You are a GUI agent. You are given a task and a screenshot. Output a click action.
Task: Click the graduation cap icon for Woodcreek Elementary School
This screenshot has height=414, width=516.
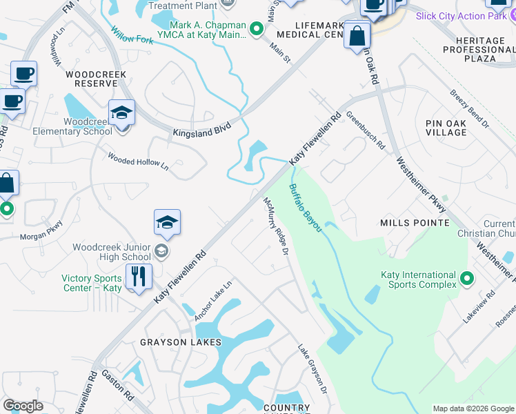click(x=121, y=113)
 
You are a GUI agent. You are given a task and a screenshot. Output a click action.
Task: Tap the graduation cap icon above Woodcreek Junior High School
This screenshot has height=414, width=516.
click(x=167, y=223)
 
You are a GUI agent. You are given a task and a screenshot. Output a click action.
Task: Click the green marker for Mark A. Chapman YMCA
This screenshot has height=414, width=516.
click(x=257, y=29)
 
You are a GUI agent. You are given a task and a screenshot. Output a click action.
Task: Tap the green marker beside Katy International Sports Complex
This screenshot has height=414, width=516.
click(x=467, y=279)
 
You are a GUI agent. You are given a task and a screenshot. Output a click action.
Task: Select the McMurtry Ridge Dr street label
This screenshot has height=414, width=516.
click(x=275, y=225)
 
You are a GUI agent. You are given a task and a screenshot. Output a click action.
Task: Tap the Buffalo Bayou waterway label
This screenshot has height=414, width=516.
click(x=305, y=208)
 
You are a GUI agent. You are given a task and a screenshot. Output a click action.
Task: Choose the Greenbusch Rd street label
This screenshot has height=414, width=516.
click(x=365, y=131)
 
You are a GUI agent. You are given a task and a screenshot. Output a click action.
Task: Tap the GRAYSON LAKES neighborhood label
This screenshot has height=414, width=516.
click(x=181, y=342)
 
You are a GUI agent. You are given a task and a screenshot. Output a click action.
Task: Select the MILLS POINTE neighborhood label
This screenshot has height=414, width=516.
click(x=415, y=223)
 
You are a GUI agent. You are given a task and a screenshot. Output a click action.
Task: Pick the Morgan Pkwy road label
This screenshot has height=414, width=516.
click(x=41, y=228)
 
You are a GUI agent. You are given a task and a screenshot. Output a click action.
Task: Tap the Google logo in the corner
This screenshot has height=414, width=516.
click(x=23, y=406)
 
